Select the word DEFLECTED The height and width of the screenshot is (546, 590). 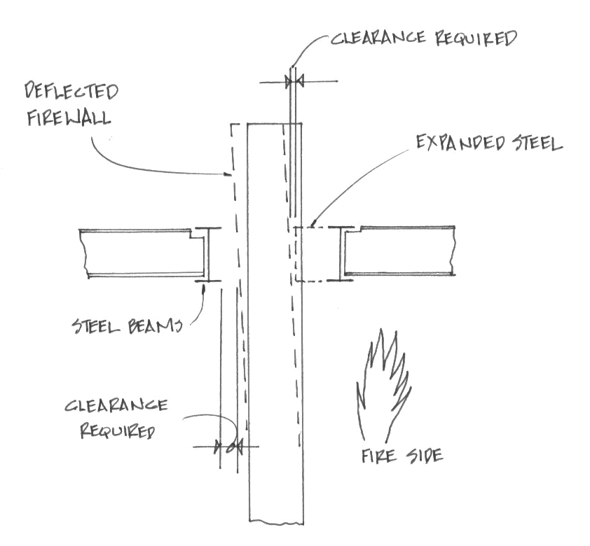71,92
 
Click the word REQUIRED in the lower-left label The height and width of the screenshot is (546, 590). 118,430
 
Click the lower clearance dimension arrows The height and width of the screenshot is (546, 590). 227,446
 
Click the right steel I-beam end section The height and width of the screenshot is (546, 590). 342,254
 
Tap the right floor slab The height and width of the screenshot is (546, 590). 403,250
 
